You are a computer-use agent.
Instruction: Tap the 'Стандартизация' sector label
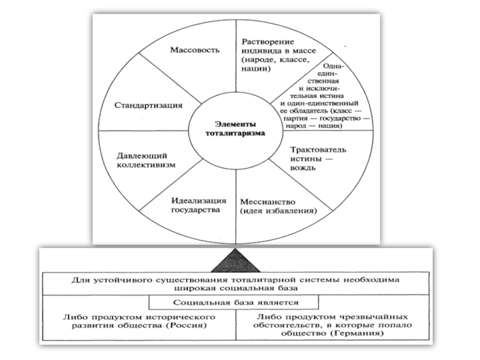[148, 105]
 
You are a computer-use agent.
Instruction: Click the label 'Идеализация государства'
[191, 205]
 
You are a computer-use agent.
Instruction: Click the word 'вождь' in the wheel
[304, 169]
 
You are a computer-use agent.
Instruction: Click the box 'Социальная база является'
[235, 303]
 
